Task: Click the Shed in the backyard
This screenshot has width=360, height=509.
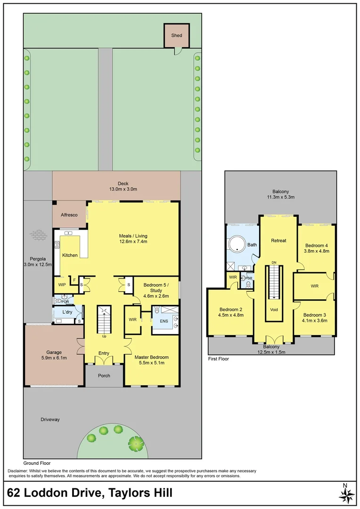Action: click(177, 35)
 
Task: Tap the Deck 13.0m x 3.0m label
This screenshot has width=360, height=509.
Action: click(116, 187)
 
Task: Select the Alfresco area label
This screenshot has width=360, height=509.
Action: click(70, 214)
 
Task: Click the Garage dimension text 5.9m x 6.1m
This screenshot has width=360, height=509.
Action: click(54, 358)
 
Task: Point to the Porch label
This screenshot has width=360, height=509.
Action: click(104, 376)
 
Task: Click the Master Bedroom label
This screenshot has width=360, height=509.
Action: click(151, 357)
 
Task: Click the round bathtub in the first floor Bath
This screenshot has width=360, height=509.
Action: click(236, 245)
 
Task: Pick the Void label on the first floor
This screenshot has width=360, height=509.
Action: click(274, 310)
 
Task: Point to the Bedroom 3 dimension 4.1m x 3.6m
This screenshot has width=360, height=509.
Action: click(315, 320)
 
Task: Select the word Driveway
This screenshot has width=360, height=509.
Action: click(51, 419)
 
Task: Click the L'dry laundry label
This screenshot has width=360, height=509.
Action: click(66, 312)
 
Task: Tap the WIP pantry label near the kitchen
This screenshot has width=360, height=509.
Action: click(62, 285)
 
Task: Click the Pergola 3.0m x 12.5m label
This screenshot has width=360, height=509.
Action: click(38, 262)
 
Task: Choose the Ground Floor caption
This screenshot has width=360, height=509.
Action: click(37, 463)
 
